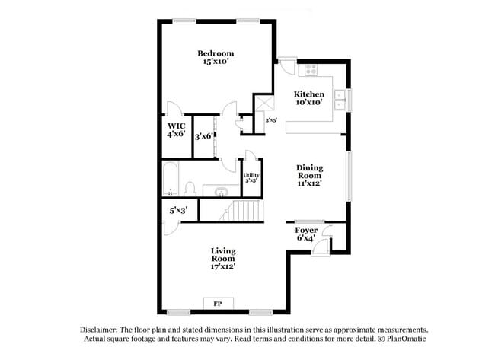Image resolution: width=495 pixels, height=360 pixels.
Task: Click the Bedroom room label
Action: point(216,53)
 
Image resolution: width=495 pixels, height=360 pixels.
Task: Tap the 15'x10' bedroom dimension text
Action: point(216,61)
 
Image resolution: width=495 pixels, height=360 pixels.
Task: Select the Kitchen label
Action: point(309,94)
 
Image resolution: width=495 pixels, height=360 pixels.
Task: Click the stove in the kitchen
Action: point(311,70)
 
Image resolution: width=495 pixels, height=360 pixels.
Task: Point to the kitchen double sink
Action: point(340,100)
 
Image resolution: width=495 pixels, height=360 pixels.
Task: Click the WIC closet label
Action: point(177,126)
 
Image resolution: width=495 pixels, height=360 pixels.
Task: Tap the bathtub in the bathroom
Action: point(171,179)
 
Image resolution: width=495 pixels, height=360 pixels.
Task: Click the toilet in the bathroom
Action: point(190,188)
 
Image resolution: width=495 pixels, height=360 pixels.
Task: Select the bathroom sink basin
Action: point(221,192)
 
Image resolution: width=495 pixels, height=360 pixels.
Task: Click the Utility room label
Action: point(251,175)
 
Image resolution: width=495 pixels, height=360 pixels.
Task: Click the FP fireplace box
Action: point(218,304)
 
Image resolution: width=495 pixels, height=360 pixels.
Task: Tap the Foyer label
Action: point(306,231)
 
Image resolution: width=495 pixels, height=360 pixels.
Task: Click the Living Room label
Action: point(223,255)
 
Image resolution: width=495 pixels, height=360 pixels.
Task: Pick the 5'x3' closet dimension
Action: point(179,210)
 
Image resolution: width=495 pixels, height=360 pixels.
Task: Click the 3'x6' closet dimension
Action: point(204,136)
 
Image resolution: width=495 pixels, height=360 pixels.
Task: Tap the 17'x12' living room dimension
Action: point(223,266)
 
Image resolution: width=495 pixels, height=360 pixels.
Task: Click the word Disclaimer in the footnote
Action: point(99,330)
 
